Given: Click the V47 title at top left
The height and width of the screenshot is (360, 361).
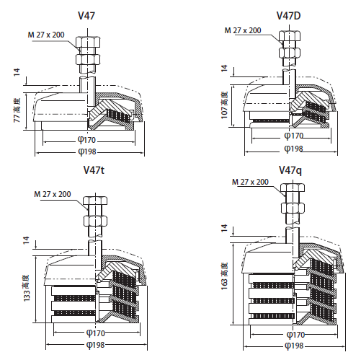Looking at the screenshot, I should click(90, 15).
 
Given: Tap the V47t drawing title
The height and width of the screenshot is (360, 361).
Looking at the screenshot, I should click(94, 171).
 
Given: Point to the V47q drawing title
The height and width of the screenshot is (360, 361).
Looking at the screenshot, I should click(290, 170).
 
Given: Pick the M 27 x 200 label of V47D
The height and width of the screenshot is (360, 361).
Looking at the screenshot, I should click(243, 31).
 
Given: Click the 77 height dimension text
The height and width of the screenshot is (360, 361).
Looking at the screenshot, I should click(17, 110).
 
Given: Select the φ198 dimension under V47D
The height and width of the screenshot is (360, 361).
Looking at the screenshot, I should click(293, 149).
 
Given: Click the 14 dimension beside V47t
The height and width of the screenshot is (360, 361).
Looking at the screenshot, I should click(26, 241).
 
